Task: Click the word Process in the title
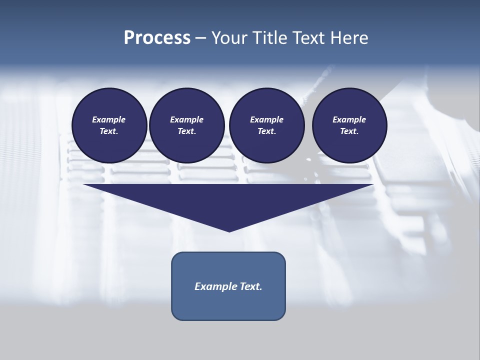157,38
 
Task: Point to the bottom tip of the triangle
229,231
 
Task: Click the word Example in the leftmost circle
109,119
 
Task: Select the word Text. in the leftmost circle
109,131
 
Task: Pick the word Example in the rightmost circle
349,119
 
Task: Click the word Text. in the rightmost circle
349,131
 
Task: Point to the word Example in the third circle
266,119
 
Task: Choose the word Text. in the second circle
186,131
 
